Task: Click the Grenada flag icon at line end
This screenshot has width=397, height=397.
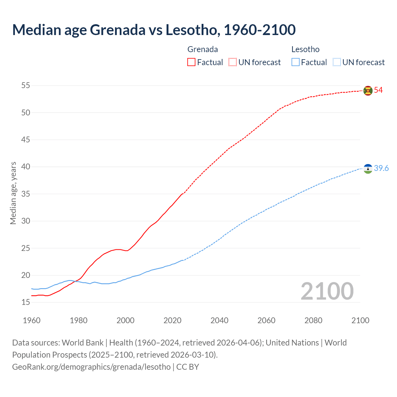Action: coord(368,91)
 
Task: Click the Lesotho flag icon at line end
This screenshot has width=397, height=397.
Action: coord(368,169)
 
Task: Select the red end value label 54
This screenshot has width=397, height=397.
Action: coord(378,90)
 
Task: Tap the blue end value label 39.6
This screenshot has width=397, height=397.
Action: coord(381,168)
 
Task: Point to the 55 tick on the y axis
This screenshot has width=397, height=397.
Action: coord(26,85)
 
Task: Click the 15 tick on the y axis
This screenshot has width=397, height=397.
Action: coord(26,302)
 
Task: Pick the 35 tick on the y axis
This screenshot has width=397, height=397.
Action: coord(26,194)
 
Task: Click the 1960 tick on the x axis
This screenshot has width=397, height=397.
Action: coord(32,320)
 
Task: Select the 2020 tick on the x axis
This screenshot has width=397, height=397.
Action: coord(172,320)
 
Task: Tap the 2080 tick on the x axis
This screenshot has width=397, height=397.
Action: coord(313,320)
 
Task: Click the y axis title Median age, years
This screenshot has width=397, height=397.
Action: coord(13,193)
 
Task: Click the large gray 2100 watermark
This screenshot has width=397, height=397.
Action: coord(327,291)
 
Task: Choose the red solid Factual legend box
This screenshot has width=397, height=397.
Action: coord(191,62)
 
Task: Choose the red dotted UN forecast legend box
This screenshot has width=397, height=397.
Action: coord(233,62)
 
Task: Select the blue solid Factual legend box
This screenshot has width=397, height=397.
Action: coord(296,62)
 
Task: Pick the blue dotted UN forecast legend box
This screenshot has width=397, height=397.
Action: coord(337,62)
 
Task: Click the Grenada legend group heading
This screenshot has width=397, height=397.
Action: coord(203,49)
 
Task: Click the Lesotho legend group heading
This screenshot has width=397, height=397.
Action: coord(305,49)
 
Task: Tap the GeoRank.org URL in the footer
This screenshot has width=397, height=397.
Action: coord(91,367)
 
